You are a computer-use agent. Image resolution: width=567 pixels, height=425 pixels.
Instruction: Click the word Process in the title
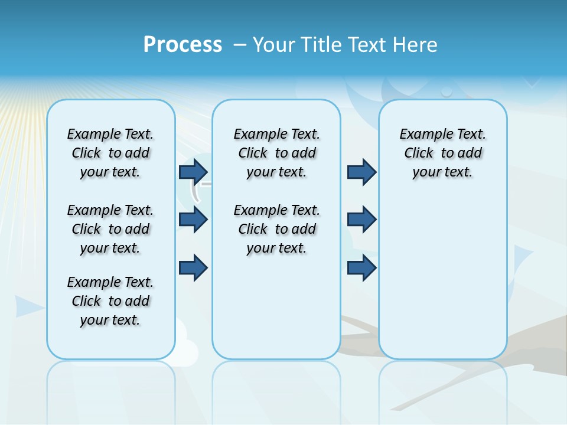coord(183,44)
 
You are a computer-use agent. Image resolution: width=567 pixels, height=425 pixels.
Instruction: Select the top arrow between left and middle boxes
coord(193,172)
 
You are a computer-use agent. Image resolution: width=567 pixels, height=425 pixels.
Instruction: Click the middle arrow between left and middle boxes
coord(193,220)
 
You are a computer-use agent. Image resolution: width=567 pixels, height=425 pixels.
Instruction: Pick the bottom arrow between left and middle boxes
coord(193,267)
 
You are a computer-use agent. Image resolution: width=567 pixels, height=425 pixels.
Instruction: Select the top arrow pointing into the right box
coord(361,172)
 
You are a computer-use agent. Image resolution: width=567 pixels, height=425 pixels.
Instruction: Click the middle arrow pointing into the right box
coord(361,220)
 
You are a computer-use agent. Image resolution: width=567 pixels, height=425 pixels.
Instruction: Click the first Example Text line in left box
coord(110,134)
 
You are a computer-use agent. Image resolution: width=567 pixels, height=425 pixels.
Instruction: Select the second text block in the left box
coord(110,229)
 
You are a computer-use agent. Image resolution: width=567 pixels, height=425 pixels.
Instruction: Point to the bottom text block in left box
coord(110,301)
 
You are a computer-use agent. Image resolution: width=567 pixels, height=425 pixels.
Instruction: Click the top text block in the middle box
coord(276,153)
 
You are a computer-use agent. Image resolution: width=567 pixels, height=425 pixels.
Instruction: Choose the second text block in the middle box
coord(276,229)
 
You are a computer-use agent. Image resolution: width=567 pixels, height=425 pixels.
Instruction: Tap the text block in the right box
coord(443,153)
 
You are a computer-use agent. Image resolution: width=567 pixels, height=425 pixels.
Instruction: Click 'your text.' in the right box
coord(443,172)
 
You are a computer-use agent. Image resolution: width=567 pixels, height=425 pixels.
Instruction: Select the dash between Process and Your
coord(240,45)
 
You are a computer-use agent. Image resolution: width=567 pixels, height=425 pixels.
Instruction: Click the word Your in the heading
coord(275,45)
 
